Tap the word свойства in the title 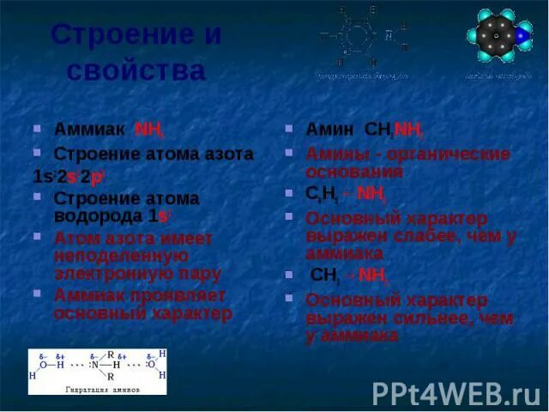[137, 70]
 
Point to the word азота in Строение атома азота [226, 154]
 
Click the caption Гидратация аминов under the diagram [102, 389]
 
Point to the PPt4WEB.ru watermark [455, 392]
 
